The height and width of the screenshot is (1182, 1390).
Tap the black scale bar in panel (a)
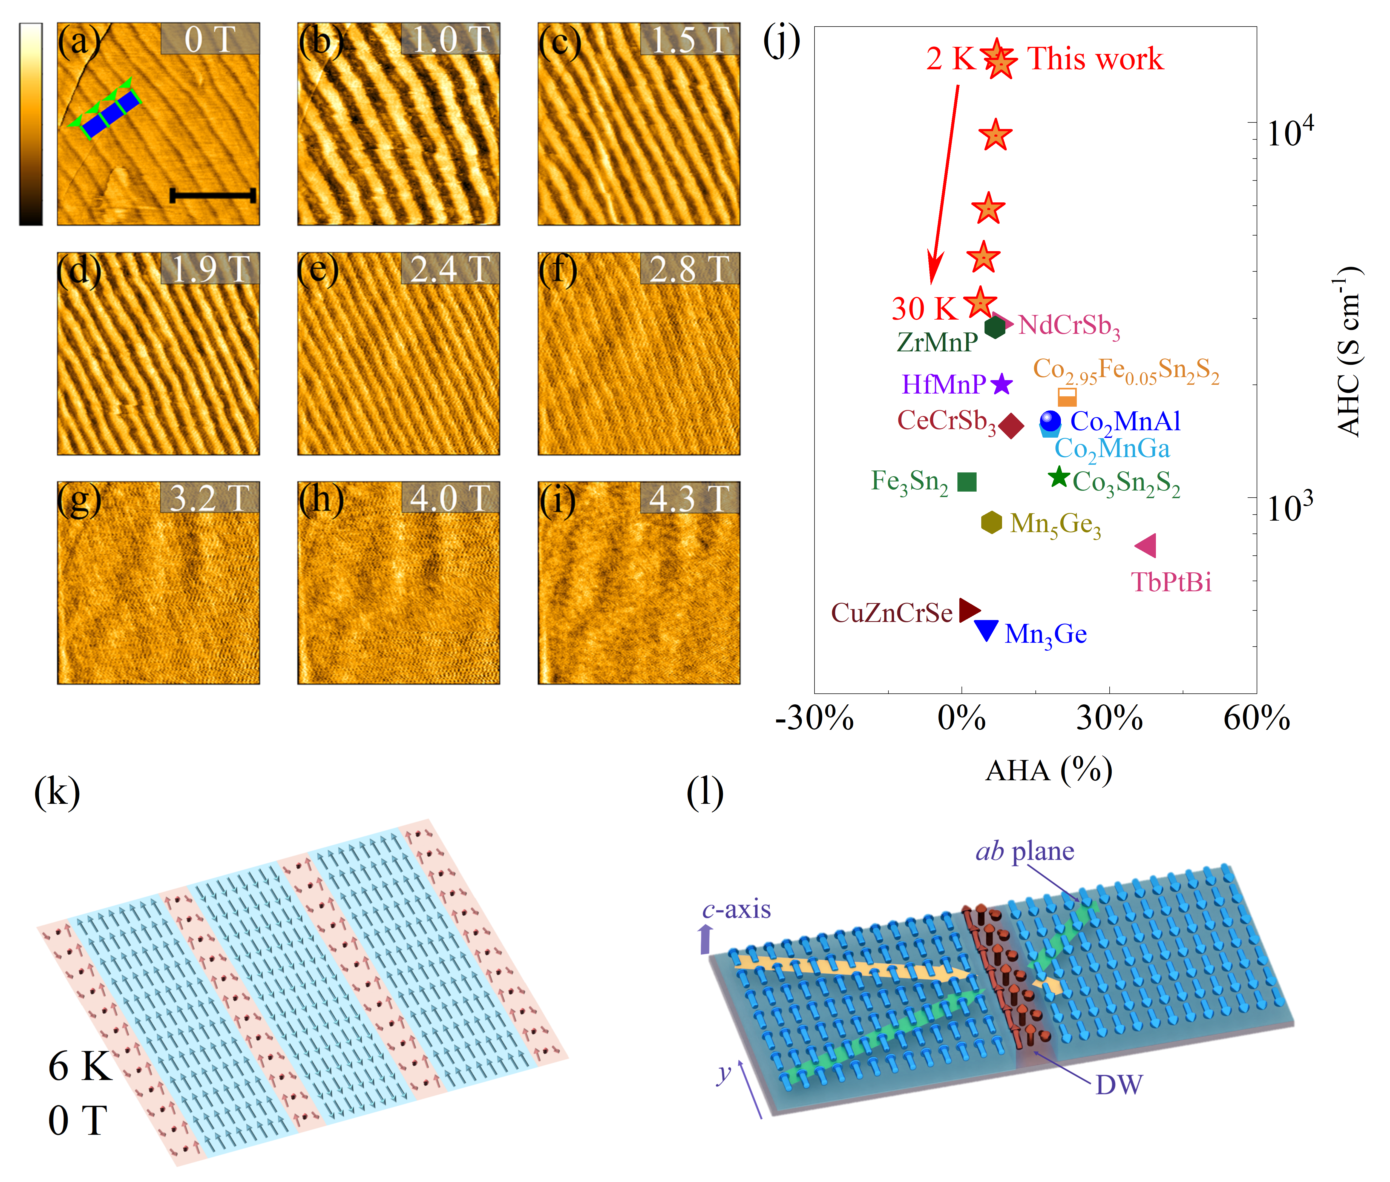tap(212, 196)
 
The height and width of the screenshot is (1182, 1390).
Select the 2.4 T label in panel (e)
tap(450, 269)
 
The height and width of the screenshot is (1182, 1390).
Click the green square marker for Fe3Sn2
tap(967, 481)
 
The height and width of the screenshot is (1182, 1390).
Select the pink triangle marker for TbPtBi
tap(1146, 546)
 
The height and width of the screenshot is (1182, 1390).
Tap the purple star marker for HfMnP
tap(1002, 384)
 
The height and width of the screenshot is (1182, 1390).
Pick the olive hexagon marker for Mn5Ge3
tap(991, 522)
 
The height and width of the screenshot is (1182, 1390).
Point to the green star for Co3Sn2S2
tap(1058, 477)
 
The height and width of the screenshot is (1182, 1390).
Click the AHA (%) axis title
tap(1048, 771)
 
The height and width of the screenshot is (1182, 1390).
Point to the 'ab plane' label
tap(1025, 851)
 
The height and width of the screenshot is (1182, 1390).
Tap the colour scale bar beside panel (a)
tap(31, 124)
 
